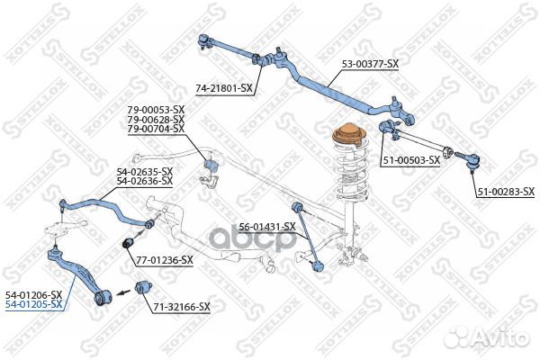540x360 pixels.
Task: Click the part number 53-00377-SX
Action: point(370,64)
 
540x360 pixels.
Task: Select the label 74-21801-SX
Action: point(224,89)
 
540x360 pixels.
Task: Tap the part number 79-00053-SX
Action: point(156,110)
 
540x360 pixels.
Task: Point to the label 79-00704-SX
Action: point(156,129)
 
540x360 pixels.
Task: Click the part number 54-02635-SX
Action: point(144,172)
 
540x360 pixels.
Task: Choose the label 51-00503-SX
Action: point(409,160)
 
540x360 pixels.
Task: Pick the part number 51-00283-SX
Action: point(506,192)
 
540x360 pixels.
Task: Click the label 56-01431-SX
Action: point(267,227)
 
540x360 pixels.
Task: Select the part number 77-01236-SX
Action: point(165,260)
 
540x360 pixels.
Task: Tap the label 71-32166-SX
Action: point(182,307)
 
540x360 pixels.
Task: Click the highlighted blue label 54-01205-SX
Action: point(34,304)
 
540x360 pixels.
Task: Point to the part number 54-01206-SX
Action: point(34,295)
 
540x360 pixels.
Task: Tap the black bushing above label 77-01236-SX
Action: point(128,242)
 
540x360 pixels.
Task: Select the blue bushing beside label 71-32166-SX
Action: point(142,288)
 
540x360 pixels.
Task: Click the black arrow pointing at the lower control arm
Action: point(123,292)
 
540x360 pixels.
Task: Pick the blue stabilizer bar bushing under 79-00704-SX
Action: point(211,165)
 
